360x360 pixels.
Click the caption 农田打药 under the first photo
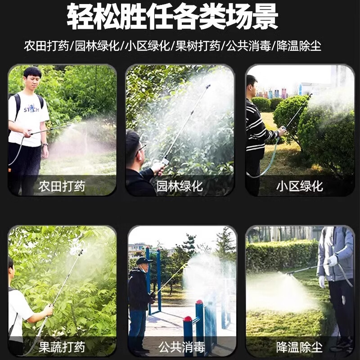coord(62,186)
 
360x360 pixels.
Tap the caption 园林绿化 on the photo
coord(180,186)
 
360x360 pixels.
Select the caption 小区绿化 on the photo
coord(299,186)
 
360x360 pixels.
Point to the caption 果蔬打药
coord(62,347)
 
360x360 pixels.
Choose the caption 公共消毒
coord(182,347)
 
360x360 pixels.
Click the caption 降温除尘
coord(299,347)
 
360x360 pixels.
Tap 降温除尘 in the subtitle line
coord(299,46)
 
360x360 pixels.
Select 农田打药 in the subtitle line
coord(46,46)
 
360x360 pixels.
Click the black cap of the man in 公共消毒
coord(144,261)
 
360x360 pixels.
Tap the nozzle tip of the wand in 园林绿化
coord(208,86)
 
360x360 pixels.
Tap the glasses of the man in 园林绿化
coord(140,148)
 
